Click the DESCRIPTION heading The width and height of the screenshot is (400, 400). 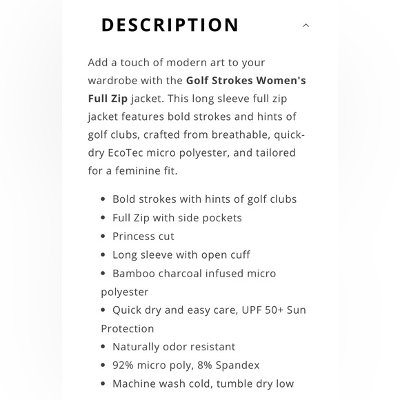tap(170, 26)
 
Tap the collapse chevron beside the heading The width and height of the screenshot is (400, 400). tap(306, 26)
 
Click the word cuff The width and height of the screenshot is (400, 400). tap(238, 254)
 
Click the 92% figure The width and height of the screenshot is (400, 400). tap(125, 365)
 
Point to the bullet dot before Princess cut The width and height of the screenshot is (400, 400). tap(103, 237)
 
